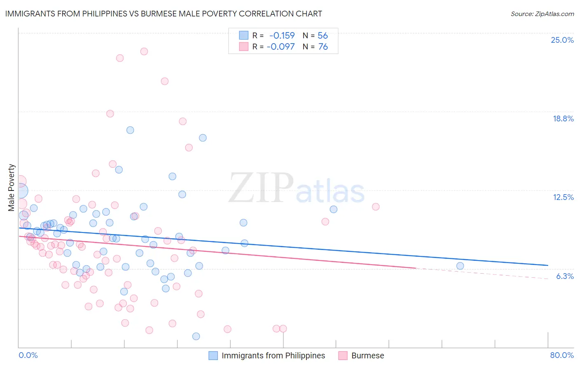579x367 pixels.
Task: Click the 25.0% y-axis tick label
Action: (x=562, y=40)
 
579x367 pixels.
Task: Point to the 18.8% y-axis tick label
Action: (x=563, y=118)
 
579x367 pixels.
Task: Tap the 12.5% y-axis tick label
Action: (x=563, y=197)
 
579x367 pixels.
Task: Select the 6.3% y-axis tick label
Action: (x=565, y=276)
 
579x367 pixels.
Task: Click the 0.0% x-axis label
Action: (x=28, y=355)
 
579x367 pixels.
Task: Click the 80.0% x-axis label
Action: (x=562, y=355)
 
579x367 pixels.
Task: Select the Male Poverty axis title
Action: (x=12, y=188)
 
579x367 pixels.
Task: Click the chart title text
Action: (x=163, y=14)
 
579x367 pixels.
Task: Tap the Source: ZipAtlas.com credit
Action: (x=542, y=14)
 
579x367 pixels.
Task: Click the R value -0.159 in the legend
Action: (x=282, y=35)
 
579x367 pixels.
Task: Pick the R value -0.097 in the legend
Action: (x=280, y=46)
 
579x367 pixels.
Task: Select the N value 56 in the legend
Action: (x=322, y=35)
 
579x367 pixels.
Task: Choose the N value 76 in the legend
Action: (x=323, y=46)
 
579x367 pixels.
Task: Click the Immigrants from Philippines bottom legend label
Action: (x=273, y=355)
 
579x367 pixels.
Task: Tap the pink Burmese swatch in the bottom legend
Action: (x=343, y=355)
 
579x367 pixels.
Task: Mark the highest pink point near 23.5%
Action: (x=144, y=51)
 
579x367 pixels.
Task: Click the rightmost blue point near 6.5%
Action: (x=460, y=266)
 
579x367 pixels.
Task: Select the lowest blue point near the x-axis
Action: (x=196, y=336)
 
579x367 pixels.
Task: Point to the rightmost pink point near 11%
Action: (x=376, y=207)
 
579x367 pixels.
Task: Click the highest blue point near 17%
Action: (x=130, y=130)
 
